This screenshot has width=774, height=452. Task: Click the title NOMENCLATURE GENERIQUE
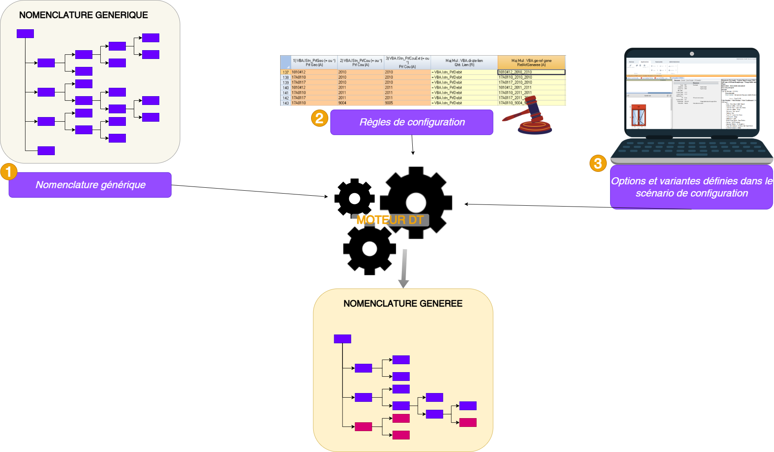tap(84, 15)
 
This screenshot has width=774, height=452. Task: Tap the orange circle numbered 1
tap(8, 172)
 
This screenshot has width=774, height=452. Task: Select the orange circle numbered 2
tap(319, 118)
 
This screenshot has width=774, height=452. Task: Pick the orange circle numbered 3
tap(598, 163)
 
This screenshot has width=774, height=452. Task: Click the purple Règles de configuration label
tap(411, 122)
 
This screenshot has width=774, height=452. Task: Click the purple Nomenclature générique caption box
tap(90, 185)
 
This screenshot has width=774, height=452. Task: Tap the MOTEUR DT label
tap(390, 220)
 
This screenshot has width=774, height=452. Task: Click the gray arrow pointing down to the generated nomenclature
tap(404, 268)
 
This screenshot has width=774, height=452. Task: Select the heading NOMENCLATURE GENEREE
tap(403, 304)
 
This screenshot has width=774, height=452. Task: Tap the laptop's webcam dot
tap(692, 54)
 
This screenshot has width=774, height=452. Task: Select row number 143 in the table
tap(286, 103)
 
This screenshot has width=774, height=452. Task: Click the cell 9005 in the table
tap(389, 103)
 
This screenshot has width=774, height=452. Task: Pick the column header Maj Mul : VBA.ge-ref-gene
tap(531, 63)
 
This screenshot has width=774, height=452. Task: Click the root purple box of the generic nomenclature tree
tap(25, 33)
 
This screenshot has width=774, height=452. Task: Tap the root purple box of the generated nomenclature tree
tap(342, 339)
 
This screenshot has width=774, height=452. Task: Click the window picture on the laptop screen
tap(638, 115)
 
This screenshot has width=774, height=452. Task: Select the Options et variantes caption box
tap(691, 187)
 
